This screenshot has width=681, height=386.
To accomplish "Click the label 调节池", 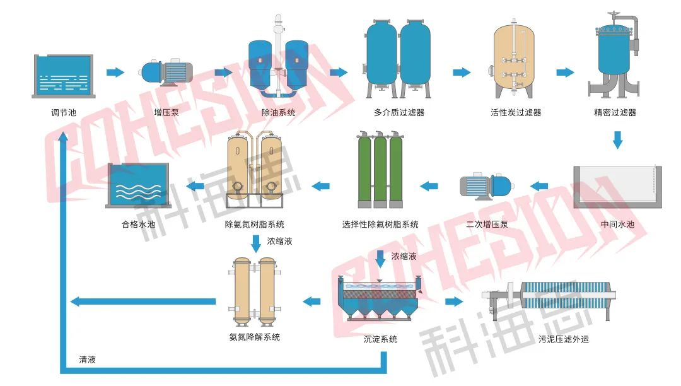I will [62, 113].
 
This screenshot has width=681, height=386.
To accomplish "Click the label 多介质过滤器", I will [399, 113].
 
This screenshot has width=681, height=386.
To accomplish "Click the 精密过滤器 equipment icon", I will [615, 57].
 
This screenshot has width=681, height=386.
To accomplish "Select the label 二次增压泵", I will [487, 224].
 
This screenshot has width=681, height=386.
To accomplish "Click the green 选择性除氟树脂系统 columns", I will [380, 170].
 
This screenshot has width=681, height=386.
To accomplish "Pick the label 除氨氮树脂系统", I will [255, 224].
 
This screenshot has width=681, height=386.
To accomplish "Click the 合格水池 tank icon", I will [139, 185].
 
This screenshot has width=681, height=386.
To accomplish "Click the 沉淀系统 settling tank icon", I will [380, 300].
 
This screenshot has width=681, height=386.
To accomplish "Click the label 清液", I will [88, 360].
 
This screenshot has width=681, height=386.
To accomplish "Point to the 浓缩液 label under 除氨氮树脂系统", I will [279, 241].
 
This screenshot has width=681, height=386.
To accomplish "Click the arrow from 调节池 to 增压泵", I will [115, 72].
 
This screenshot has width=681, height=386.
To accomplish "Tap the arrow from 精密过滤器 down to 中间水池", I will [617, 139].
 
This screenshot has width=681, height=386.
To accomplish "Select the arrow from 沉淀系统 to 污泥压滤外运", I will [453, 301].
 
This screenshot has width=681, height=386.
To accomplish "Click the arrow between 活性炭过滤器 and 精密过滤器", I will [565, 72].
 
